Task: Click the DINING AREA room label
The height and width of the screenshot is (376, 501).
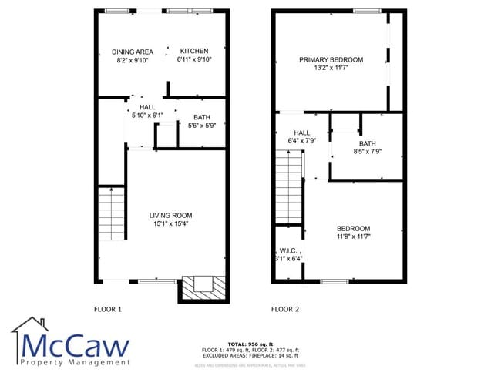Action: point(133,52)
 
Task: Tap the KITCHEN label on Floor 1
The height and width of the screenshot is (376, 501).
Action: point(193,51)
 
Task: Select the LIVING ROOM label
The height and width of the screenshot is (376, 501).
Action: point(171,215)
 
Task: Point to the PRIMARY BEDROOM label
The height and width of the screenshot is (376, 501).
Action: point(331,59)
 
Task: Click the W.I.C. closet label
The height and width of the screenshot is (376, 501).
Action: point(288,250)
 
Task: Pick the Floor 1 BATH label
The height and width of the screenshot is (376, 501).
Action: point(202,117)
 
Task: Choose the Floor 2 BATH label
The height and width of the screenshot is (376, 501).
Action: point(367,143)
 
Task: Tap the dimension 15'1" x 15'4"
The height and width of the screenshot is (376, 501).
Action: point(171,223)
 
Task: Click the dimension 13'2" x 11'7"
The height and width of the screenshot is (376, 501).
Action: point(331,68)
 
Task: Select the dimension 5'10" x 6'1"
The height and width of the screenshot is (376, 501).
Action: point(147,115)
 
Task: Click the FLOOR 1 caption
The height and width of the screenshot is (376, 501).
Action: point(108,310)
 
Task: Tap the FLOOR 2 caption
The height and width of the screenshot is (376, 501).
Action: point(285,310)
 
